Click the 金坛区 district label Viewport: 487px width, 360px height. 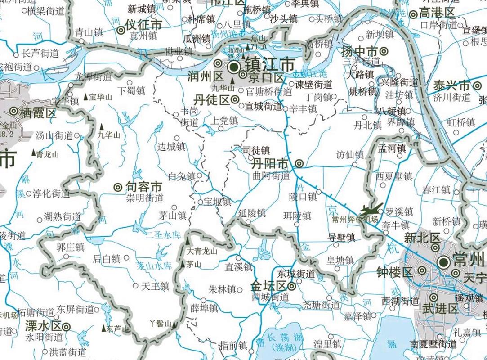[268, 286]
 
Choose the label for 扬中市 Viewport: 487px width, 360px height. [359, 51]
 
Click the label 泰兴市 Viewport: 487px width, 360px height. [451, 85]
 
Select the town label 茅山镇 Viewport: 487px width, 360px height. [173, 215]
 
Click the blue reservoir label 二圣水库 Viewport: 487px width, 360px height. [164, 234]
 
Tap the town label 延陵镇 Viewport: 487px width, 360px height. [252, 213]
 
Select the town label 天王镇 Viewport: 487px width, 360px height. [155, 285]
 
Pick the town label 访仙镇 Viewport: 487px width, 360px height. [350, 154]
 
